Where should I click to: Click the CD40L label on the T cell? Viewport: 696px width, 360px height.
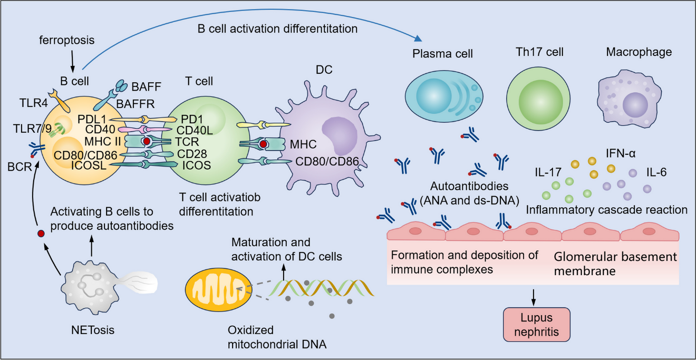[195, 130]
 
